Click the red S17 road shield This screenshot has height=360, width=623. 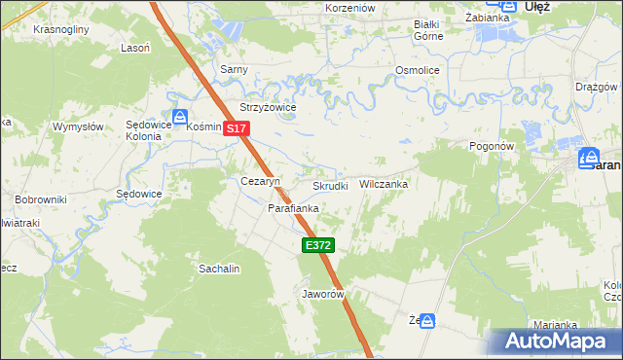click(238, 128)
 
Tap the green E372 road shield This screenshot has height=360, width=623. click(318, 246)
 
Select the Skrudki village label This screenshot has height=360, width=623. click(330, 186)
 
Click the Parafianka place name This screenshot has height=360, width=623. click(294, 208)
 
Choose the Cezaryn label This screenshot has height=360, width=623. click(260, 182)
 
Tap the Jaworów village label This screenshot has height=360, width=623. click(324, 293)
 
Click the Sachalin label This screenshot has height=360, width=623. click(219, 268)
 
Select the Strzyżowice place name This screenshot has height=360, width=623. click(268, 108)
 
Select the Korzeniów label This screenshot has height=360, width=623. click(350, 8)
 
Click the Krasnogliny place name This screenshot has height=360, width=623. click(60, 29)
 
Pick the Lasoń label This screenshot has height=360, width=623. click(134, 48)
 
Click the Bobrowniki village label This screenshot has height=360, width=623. click(40, 199)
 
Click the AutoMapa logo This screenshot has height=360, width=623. click(555, 342)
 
